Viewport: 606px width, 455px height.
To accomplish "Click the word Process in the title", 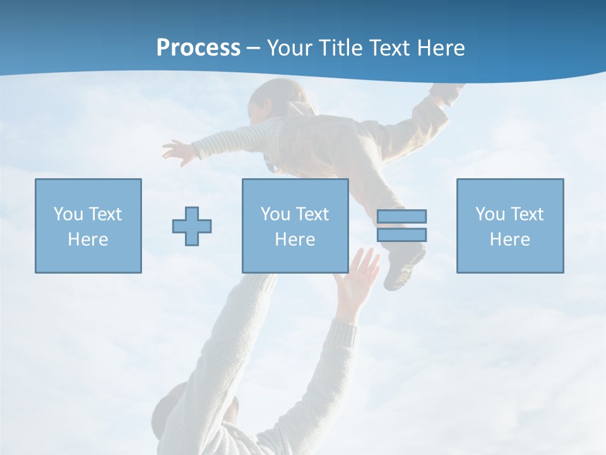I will tap(198, 48).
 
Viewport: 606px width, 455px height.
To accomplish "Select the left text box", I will tap(88, 226).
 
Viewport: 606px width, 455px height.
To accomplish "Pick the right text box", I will tap(510, 226).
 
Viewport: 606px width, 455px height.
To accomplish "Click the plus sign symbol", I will tap(192, 226).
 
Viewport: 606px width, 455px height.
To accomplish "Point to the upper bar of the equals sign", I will tap(402, 216).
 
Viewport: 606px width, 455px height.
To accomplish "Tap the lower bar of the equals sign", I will tap(402, 234).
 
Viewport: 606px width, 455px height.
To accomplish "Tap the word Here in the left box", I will tap(88, 240).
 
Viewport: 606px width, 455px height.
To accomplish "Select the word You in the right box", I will tap(490, 214).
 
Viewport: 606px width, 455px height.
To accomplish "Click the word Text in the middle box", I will tap(312, 214).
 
